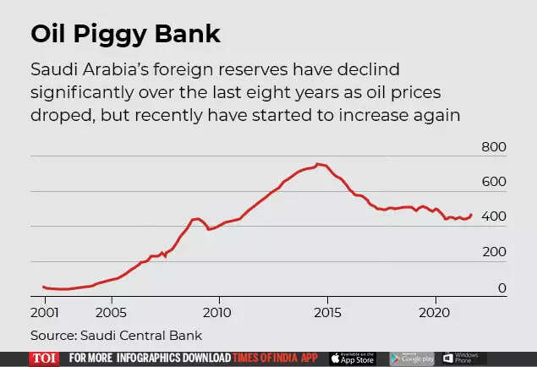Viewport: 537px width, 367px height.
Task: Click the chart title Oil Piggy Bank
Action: pyautogui.click(x=125, y=35)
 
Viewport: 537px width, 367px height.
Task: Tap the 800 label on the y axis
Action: pyautogui.click(x=493, y=148)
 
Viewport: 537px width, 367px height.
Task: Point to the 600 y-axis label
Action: pyautogui.click(x=493, y=183)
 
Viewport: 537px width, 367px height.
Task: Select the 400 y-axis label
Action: pyautogui.click(x=493, y=217)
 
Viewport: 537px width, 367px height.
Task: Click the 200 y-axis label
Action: pyautogui.click(x=493, y=253)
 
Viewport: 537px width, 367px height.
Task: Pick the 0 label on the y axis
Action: pyautogui.click(x=501, y=288)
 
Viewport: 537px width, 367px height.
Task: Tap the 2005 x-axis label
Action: pyautogui.click(x=112, y=311)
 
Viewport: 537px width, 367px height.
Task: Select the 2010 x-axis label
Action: pyautogui.click(x=219, y=311)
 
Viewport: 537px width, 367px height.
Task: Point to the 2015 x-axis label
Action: pyautogui.click(x=327, y=311)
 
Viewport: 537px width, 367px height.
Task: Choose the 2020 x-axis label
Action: pyautogui.click(x=436, y=311)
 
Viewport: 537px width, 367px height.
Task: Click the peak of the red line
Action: pyautogui.click(x=317, y=164)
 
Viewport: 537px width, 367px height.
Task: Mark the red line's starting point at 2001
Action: pyautogui.click(x=43, y=287)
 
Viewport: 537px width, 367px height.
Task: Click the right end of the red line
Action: pyautogui.click(x=471, y=215)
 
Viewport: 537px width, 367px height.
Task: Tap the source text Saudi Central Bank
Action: pyautogui.click(x=116, y=335)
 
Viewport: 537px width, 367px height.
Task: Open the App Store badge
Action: pyautogui.click(x=352, y=359)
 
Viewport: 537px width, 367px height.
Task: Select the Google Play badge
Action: pyautogui.click(x=412, y=359)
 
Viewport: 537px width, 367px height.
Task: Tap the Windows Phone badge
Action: pyautogui.click(x=463, y=359)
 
